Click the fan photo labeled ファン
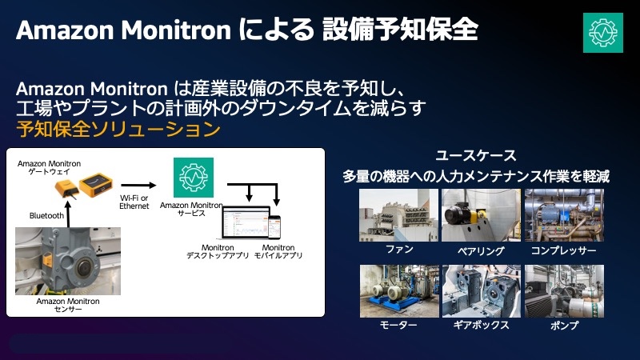pos(398,215)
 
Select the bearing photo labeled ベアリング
pos(481,215)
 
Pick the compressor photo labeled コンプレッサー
pos(564,215)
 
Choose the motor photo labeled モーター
pos(398,291)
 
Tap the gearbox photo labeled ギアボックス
pos(481,291)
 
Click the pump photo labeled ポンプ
pos(564,291)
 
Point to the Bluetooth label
pos(46,215)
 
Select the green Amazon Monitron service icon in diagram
pos(194,177)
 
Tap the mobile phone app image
pos(274,226)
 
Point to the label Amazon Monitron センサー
pos(68,306)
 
